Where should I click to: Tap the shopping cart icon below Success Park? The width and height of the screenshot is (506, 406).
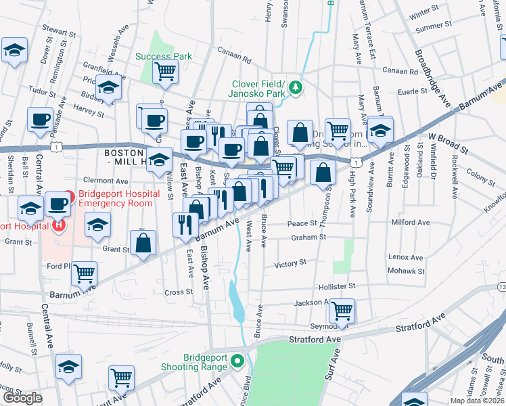coord(165,71)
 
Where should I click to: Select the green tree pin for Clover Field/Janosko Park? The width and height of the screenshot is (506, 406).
coord(295,87)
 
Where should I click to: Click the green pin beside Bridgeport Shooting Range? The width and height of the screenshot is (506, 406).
coord(237,361)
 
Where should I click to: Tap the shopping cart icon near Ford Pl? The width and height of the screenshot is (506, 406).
coord(85,273)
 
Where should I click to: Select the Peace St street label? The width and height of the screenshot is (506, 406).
coord(302,223)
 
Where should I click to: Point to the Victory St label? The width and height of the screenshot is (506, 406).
coord(291,263)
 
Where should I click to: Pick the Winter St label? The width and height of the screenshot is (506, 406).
coord(424,13)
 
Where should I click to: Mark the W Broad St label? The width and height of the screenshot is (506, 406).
coord(448,142)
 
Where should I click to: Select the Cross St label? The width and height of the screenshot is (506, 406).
coord(179,292)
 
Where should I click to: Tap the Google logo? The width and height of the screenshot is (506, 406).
coord(22,398)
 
